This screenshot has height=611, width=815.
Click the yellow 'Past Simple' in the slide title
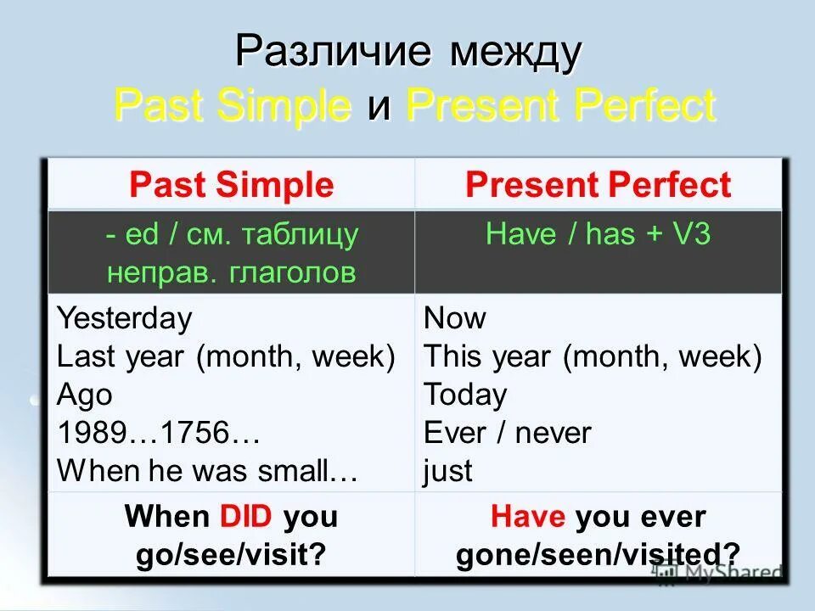(233, 106)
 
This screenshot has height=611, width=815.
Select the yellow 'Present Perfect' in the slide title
(561, 106)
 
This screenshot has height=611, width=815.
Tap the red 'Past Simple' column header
(231, 185)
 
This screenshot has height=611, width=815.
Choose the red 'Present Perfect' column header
(598, 185)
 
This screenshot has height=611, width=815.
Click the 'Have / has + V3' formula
(598, 234)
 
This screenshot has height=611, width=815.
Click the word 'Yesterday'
(124, 319)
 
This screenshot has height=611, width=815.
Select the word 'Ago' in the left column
(84, 395)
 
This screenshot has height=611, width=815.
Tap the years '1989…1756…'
(158, 434)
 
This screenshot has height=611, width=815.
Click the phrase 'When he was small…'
(207, 471)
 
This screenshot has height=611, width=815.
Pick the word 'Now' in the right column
(455, 319)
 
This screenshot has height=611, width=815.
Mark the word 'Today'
(465, 395)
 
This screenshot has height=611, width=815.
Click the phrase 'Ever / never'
(508, 434)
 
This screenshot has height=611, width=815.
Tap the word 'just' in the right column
(447, 471)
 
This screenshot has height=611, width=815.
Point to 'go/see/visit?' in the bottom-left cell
(231, 554)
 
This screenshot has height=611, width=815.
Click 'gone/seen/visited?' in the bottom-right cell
(598, 554)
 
